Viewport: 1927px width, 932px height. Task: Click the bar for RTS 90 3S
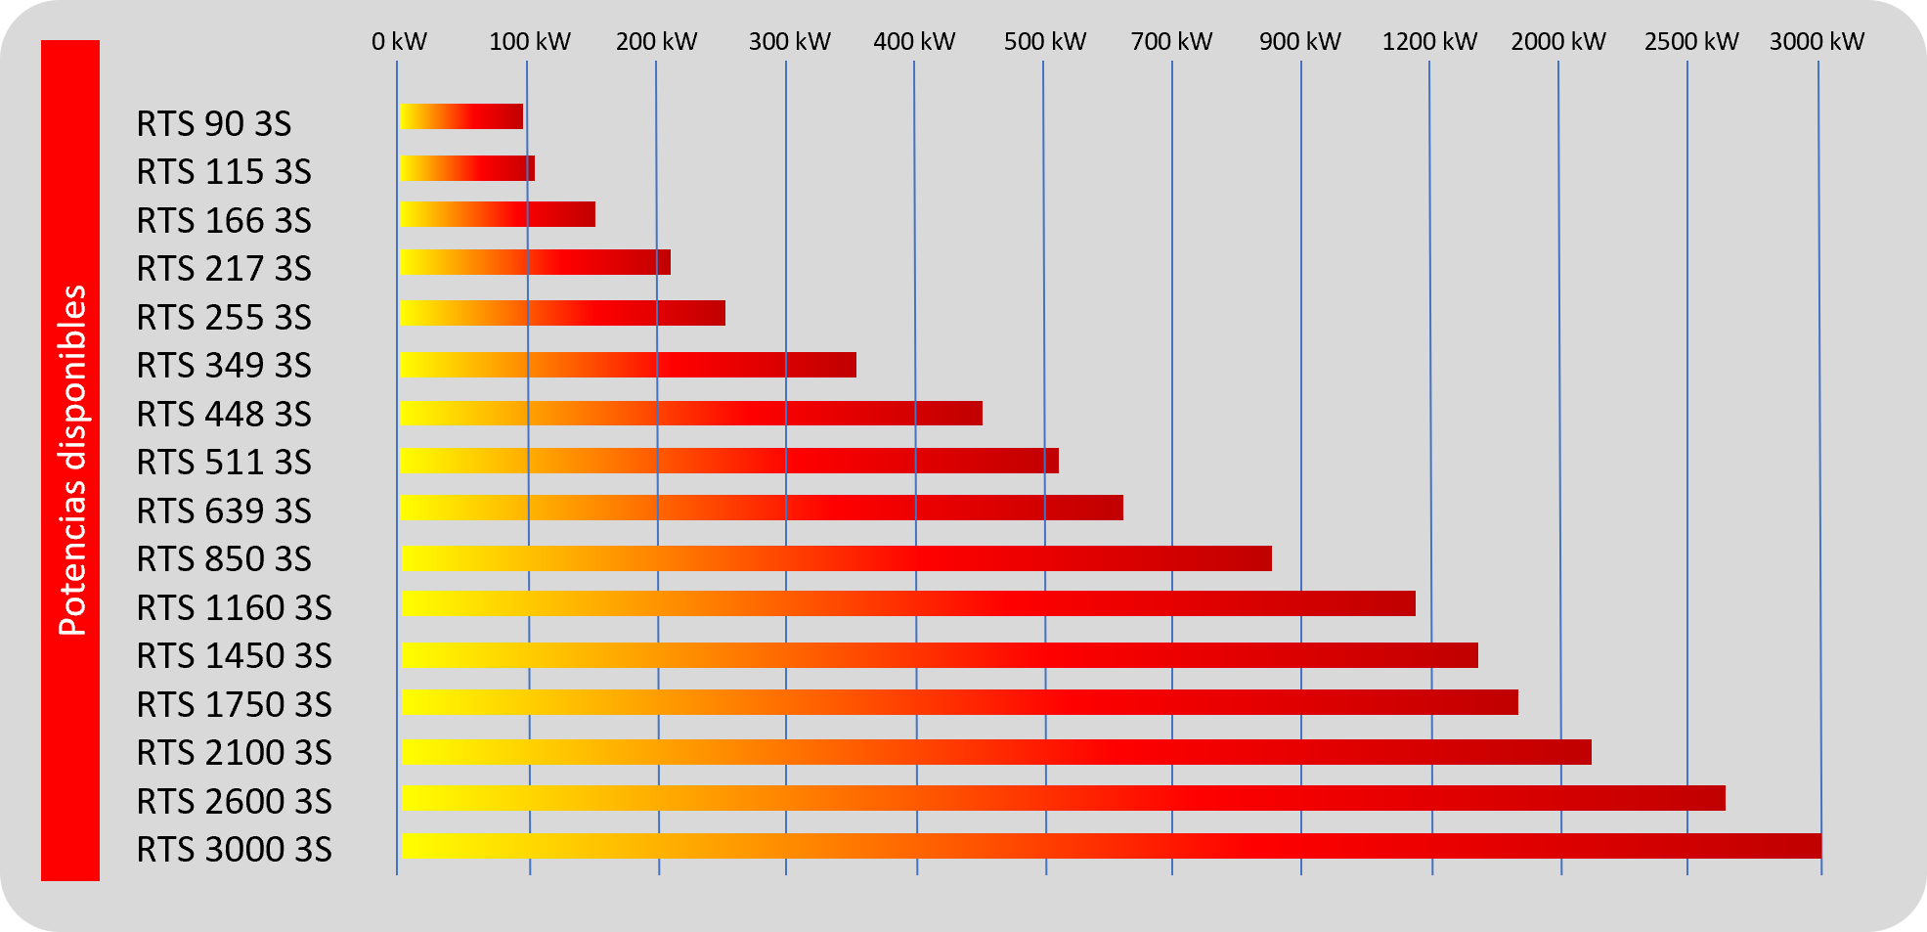point(460,116)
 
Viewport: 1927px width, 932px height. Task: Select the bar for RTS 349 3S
point(628,365)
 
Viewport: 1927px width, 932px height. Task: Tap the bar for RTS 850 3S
point(836,558)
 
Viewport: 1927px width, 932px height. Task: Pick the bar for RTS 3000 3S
point(1111,846)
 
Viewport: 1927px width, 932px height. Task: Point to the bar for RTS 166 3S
point(497,214)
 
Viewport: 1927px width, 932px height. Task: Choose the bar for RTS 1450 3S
point(939,655)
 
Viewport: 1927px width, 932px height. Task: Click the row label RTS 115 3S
point(223,172)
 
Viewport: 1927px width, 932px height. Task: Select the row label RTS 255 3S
point(223,318)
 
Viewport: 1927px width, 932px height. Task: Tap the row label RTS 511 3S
point(223,463)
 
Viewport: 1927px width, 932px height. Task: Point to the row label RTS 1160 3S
point(234,608)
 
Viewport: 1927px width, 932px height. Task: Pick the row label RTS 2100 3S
point(234,753)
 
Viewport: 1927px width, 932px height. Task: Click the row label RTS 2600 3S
point(234,802)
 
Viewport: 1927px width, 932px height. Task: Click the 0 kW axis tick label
point(399,42)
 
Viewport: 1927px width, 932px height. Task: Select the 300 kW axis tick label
point(789,42)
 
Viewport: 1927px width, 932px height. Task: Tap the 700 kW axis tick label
point(1171,42)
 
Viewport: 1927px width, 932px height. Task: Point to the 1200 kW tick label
point(1429,42)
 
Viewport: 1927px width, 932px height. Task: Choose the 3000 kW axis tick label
point(1817,42)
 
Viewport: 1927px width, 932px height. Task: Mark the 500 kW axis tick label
point(1045,42)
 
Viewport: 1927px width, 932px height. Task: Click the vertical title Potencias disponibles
point(71,460)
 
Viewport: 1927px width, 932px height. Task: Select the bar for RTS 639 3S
point(761,508)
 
